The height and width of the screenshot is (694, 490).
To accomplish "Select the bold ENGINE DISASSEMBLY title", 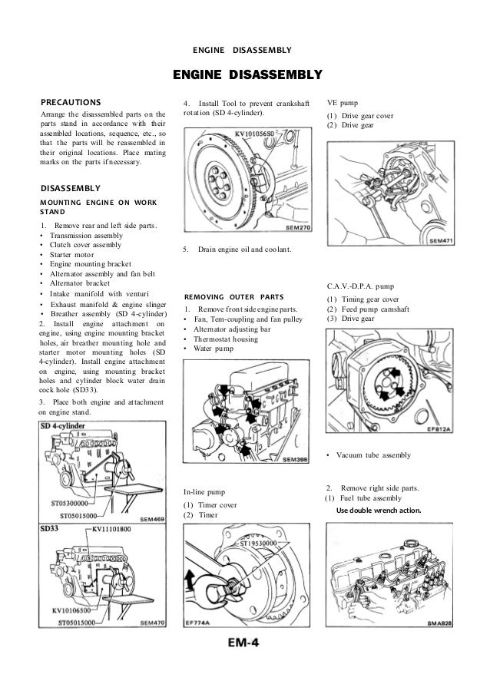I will (x=246, y=74).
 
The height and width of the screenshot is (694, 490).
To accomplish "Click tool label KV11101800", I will (x=111, y=529).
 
